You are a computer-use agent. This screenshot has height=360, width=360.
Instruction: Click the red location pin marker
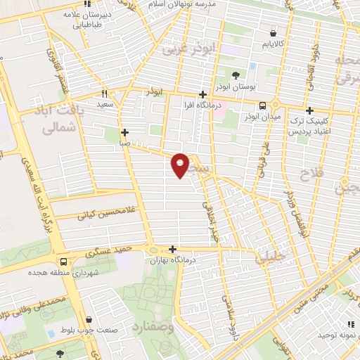tap(181, 165)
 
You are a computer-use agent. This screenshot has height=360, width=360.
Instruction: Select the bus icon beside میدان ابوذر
tap(262, 105)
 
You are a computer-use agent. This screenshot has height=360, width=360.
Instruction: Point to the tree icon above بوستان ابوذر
tap(235, 75)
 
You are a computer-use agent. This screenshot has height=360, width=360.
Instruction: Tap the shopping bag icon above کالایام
tap(274, 32)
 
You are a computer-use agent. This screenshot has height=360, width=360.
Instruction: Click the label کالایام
tap(274, 44)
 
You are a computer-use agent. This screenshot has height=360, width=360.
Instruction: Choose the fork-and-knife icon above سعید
tap(104, 94)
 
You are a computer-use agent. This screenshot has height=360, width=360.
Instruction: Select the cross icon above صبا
tap(124, 131)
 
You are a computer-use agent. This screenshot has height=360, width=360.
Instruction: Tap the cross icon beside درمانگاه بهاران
tap(173, 248)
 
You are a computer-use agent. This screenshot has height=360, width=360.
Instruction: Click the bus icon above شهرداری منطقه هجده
tap(64, 259)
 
